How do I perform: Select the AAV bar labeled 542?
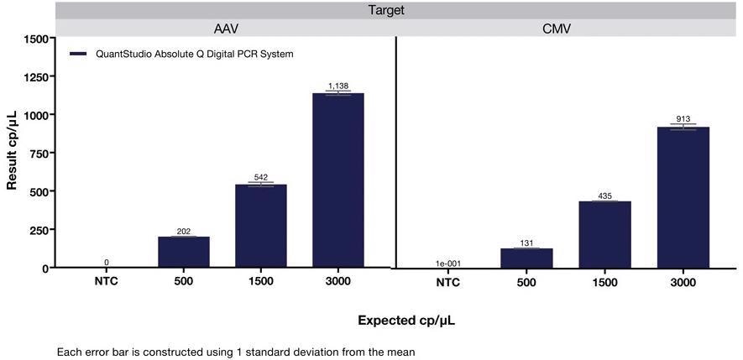(260, 226)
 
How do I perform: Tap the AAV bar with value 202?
(183, 252)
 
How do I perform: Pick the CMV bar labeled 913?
(683, 197)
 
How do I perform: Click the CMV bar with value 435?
(604, 234)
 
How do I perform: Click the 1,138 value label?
(337, 86)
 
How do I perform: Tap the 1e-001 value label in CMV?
(447, 263)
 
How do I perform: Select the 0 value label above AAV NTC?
(107, 263)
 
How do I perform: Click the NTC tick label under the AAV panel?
(107, 281)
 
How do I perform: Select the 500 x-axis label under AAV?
(183, 281)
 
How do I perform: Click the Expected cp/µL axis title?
(406, 320)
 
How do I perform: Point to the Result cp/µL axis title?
(13, 154)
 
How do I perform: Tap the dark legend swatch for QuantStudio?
(79, 54)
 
